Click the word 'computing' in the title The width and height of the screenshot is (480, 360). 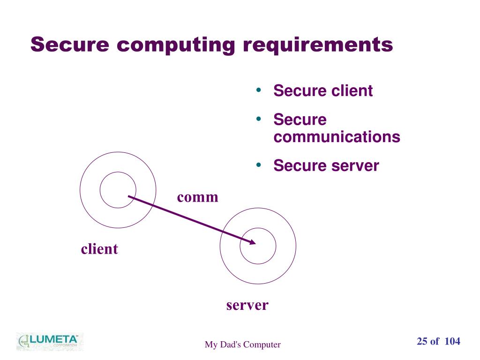(x=176, y=45)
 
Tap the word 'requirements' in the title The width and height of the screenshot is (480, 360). (x=318, y=45)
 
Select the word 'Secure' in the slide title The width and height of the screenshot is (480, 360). (x=70, y=45)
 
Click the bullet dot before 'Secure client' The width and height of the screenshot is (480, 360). (x=259, y=90)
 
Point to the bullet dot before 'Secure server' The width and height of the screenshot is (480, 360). (x=259, y=165)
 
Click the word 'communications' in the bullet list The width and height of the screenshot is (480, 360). (x=337, y=136)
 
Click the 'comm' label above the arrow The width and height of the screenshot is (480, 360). (x=198, y=197)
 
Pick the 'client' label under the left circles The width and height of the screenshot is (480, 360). (x=99, y=248)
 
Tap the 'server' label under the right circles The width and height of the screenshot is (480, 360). (x=247, y=305)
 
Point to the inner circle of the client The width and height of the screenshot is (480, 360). (x=118, y=172)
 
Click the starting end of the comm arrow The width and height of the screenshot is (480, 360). (x=128, y=196)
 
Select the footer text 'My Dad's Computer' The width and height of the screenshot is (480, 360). (x=242, y=345)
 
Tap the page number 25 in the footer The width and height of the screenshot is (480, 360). (x=422, y=341)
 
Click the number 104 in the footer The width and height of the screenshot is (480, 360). (x=452, y=341)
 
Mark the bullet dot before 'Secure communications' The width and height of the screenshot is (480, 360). (x=259, y=119)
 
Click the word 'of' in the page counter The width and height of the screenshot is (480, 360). (x=435, y=341)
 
